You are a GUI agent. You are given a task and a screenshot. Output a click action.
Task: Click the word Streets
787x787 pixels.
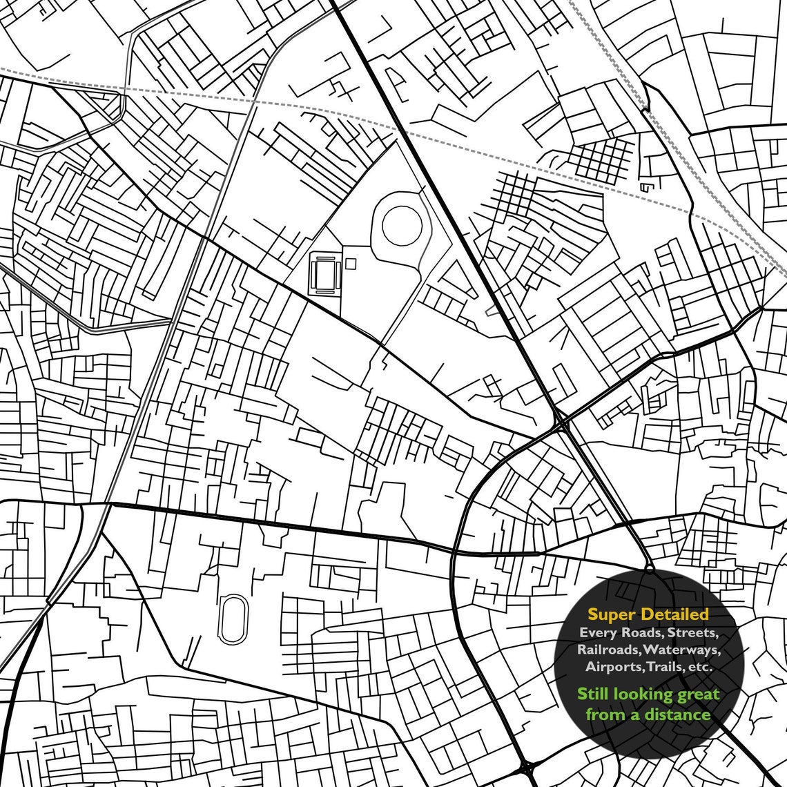coord(693,633)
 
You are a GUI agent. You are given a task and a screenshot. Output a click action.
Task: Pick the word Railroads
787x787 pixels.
coord(608,650)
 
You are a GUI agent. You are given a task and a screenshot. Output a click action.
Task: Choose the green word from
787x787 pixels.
coord(605,714)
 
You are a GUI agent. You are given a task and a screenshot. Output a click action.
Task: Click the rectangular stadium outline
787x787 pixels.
coord(324,274)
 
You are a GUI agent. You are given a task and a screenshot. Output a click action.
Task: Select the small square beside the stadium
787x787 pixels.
coord(351,263)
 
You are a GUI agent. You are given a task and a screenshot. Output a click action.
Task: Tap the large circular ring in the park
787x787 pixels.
coord(402,225)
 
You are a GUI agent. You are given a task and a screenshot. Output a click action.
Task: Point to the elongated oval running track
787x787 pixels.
coord(232,619)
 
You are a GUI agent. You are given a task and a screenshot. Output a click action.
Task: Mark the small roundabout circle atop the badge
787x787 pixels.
coord(649,569)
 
